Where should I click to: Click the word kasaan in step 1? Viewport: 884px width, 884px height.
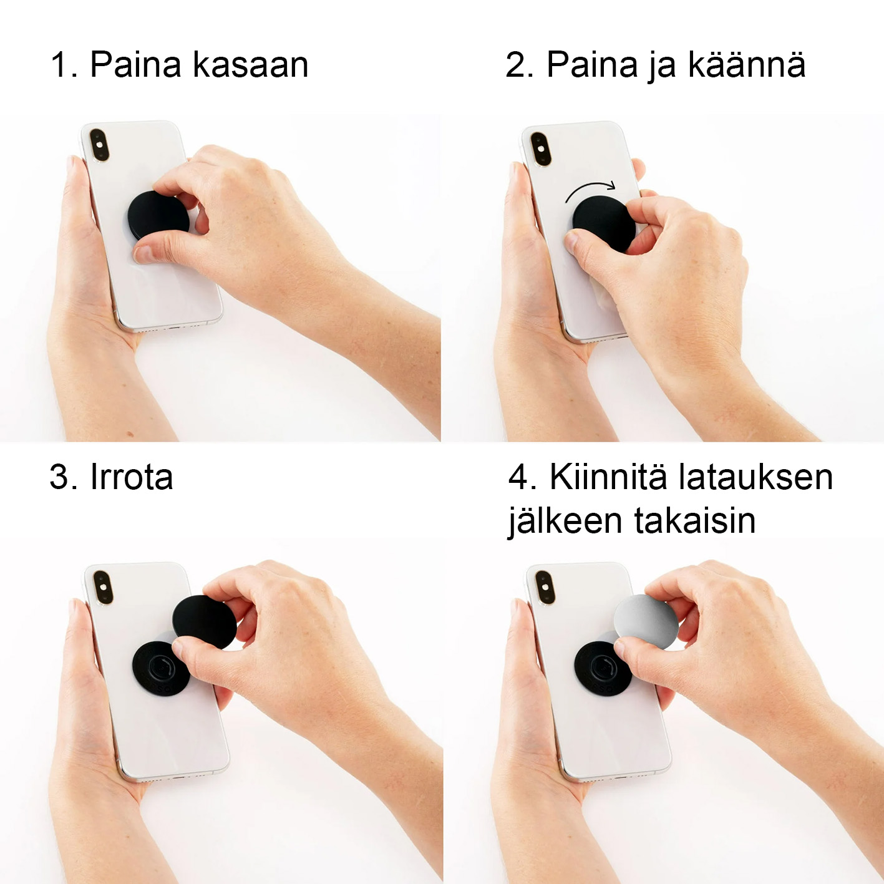[x=250, y=65]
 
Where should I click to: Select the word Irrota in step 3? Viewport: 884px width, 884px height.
[x=132, y=477]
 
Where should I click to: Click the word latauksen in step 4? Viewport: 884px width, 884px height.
[x=755, y=477]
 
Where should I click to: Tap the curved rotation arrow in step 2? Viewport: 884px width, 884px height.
[x=589, y=188]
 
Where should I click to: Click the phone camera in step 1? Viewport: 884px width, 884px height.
[x=99, y=145]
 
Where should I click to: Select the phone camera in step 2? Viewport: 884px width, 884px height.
[x=540, y=148]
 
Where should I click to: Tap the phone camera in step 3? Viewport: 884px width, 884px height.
[x=103, y=587]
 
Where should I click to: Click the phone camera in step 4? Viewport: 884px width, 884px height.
[x=545, y=587]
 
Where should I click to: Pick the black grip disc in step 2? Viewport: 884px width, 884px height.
[x=603, y=223]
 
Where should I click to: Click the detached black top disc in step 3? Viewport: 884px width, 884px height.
[x=205, y=621]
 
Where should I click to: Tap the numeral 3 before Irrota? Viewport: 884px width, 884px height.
[x=61, y=477]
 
